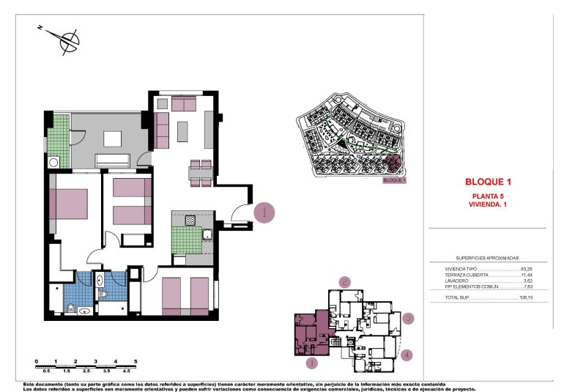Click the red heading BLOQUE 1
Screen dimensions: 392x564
[x=487, y=182]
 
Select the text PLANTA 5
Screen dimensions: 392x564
[x=488, y=196]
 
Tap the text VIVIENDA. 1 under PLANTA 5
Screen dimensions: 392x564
[x=488, y=204]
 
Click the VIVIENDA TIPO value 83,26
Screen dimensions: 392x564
[x=526, y=270]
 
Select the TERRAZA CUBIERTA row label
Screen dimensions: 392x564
[x=468, y=275]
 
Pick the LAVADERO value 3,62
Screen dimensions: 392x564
[x=526, y=281]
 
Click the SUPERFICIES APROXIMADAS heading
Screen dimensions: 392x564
[x=487, y=259]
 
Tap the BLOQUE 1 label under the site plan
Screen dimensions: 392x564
[x=394, y=180]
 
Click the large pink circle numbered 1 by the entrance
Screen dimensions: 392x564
[x=264, y=212]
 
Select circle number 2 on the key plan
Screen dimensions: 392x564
[x=345, y=281]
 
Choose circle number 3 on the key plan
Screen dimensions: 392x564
[x=409, y=319]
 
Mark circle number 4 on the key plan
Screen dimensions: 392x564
[x=407, y=355]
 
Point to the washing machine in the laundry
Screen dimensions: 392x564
[x=53, y=163]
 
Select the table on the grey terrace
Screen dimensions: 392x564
[x=112, y=138]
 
